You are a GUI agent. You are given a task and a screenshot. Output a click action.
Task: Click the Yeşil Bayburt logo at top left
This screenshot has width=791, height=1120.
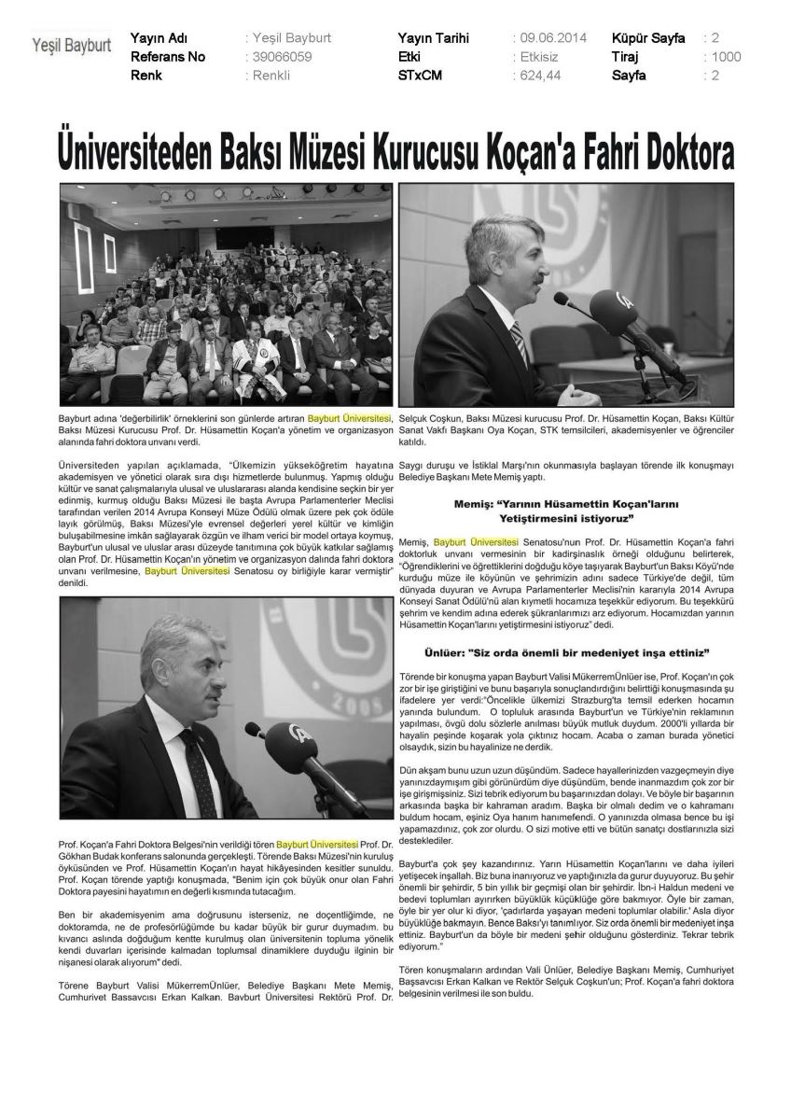[x=72, y=44]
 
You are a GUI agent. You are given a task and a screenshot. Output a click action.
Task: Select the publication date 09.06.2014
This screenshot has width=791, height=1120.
[x=549, y=38]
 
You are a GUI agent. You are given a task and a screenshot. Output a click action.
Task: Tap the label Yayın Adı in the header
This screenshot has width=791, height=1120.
[x=160, y=38]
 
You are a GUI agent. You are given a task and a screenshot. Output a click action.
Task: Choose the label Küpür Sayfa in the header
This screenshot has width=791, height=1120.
[x=648, y=38]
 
